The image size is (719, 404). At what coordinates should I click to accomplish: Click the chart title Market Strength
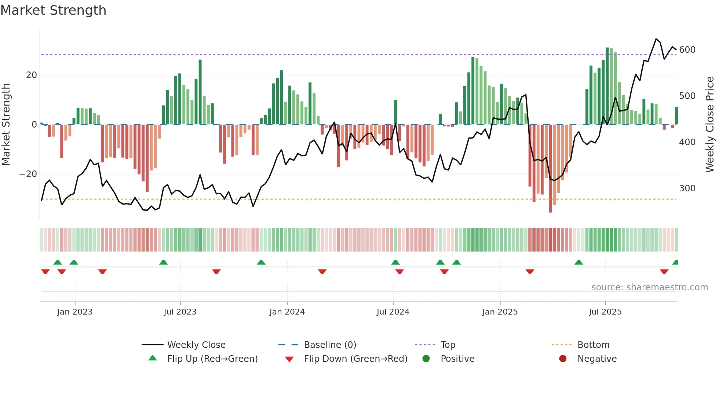(53, 10)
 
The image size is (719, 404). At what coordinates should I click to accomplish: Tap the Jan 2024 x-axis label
(287, 312)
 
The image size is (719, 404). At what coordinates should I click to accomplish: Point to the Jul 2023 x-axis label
(180, 312)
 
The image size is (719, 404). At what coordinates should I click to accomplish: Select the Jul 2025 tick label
(605, 312)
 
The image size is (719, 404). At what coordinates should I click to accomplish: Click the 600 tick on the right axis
(687, 50)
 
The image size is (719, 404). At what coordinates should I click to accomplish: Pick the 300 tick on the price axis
(687, 188)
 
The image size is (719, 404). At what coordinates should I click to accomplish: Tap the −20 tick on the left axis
(28, 174)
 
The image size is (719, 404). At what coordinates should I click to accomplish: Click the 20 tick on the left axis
(32, 75)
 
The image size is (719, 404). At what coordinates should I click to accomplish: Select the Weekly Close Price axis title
(710, 125)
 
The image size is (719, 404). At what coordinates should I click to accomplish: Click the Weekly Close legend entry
(196, 345)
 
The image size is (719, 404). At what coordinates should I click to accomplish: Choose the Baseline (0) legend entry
(330, 345)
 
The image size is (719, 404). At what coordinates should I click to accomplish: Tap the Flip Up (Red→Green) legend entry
(212, 359)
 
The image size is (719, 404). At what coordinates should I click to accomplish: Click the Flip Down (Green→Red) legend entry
(355, 359)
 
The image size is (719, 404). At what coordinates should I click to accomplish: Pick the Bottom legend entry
(593, 345)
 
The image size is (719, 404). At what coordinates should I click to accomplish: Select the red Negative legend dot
(563, 359)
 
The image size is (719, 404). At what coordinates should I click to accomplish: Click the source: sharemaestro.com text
(649, 287)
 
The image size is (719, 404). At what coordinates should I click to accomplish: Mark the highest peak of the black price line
(656, 39)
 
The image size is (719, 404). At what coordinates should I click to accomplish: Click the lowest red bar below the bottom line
(550, 169)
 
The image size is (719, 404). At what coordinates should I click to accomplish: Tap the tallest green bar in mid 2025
(607, 86)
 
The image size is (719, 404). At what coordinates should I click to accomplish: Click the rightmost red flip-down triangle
(664, 272)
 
